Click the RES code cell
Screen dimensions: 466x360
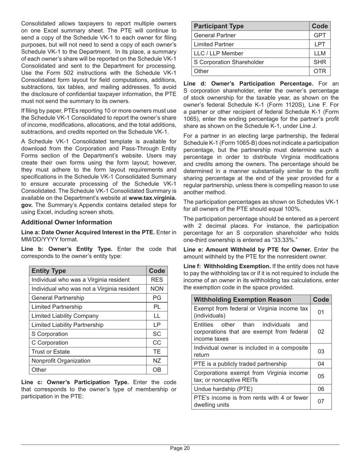pyautogui.click(x=157, y=280)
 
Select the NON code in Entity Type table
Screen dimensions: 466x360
pyautogui.click(x=157, y=289)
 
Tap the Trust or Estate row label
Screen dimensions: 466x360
pyautogui.click(x=50, y=352)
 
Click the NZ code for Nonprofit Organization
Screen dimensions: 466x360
pyautogui.click(x=157, y=361)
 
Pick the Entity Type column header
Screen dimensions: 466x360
pyautogui.click(x=49, y=271)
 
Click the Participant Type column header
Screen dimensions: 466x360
pyautogui.click(x=219, y=26)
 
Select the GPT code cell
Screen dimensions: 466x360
pyautogui.click(x=320, y=35)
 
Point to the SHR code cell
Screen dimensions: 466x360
pyautogui.click(x=320, y=62)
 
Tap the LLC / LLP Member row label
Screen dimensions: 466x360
pyautogui.click(x=218, y=53)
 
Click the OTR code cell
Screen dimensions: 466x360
pyautogui.click(x=320, y=71)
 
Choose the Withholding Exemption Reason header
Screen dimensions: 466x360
pyautogui.click(x=243, y=299)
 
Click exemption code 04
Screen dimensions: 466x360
pyautogui.click(x=321, y=364)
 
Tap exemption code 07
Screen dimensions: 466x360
pyautogui.click(x=321, y=401)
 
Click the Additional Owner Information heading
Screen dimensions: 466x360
pyautogui.click(x=67, y=222)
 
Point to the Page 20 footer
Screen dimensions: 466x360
pyautogui.click(x=180, y=449)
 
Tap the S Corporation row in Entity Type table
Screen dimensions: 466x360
pyautogui.click(x=50, y=334)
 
